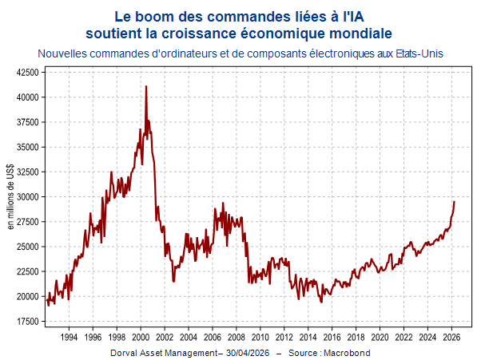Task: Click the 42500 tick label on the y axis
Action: click(x=28, y=73)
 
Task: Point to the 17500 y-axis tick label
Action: click(x=28, y=322)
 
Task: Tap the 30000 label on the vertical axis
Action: click(x=28, y=197)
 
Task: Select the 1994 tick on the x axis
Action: click(x=69, y=338)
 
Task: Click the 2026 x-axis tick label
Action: click(x=451, y=338)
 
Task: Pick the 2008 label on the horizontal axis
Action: click(x=237, y=338)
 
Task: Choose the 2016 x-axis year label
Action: click(x=332, y=338)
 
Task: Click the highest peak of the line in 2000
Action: click(x=146, y=86)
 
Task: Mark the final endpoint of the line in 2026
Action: click(x=455, y=202)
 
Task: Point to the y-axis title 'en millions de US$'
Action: click(x=10, y=196)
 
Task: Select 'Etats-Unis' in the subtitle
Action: click(x=419, y=53)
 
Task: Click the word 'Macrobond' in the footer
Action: click(x=347, y=353)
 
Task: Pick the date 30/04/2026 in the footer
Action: click(x=248, y=353)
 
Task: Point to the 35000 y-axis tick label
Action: click(x=28, y=148)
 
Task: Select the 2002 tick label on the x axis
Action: click(x=165, y=338)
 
